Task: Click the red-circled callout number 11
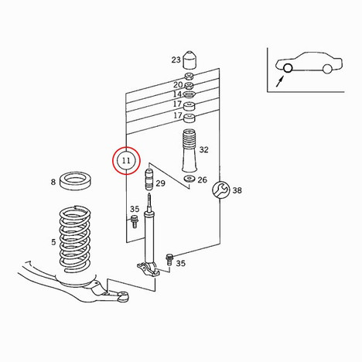click(126, 161)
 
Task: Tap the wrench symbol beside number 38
click(220, 190)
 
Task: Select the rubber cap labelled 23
click(190, 60)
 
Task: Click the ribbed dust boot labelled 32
click(190, 151)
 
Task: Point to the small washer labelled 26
click(190, 179)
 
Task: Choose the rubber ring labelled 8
click(76, 181)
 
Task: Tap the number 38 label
click(237, 190)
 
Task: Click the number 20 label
click(178, 84)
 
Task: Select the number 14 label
click(177, 94)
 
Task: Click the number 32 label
click(203, 149)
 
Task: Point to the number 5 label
click(53, 242)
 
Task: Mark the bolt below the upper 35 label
click(134, 221)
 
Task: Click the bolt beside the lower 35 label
click(169, 259)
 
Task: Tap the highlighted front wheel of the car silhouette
click(288, 68)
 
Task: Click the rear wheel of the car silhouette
click(327, 69)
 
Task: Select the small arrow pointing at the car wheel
click(280, 81)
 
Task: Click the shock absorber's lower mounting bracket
click(148, 269)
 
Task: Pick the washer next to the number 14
click(190, 94)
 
